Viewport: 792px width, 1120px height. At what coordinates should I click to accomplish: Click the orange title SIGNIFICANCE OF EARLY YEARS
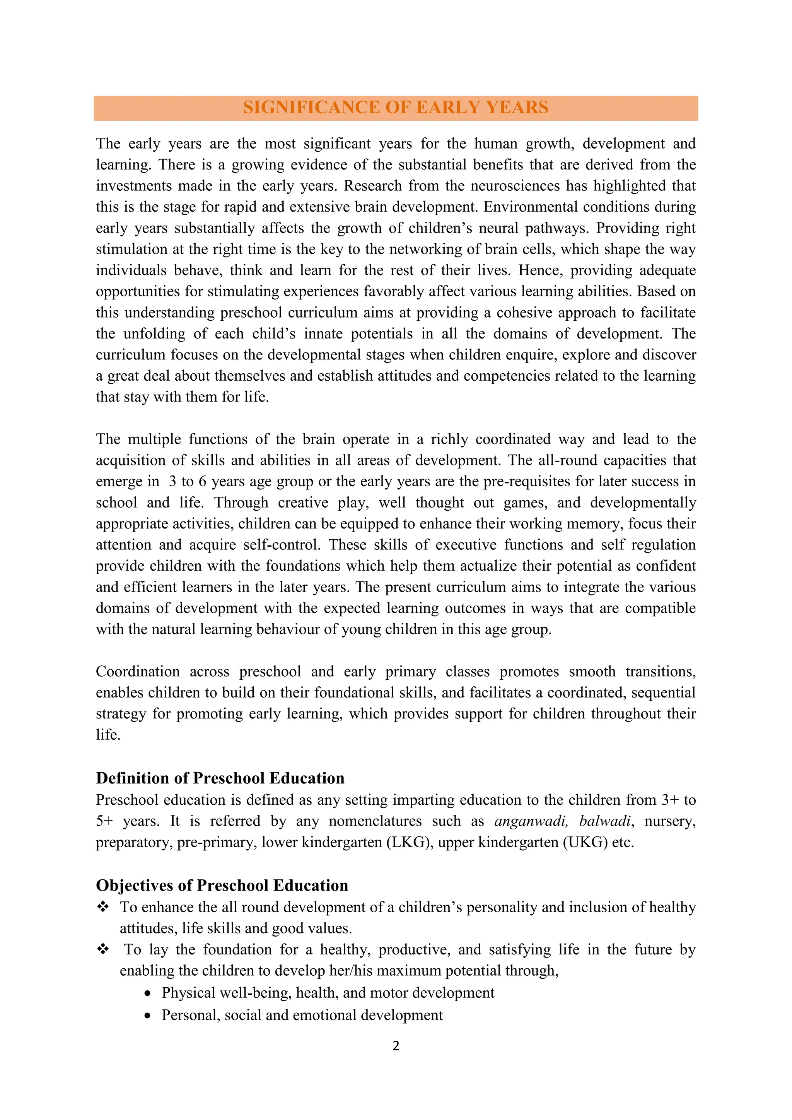[396, 107]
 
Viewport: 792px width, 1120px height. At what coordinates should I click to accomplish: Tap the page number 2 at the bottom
[396, 1045]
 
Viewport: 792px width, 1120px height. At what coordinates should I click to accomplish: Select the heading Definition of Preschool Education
[220, 778]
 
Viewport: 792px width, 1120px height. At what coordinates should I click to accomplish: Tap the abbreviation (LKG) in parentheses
[409, 843]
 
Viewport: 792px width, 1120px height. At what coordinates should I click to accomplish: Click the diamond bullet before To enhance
[102, 907]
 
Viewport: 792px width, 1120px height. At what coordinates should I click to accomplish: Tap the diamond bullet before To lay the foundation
[102, 949]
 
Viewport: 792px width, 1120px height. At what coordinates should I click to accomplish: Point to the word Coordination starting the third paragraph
[138, 672]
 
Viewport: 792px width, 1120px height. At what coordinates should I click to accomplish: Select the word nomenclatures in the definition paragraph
[375, 821]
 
